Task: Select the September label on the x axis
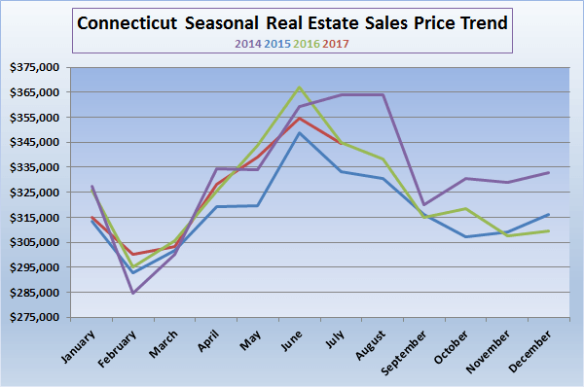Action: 417,351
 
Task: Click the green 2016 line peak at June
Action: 300,88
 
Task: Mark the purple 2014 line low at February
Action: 132,293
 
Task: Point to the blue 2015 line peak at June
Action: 300,132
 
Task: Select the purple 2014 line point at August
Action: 383,94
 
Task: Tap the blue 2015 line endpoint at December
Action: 549,214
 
